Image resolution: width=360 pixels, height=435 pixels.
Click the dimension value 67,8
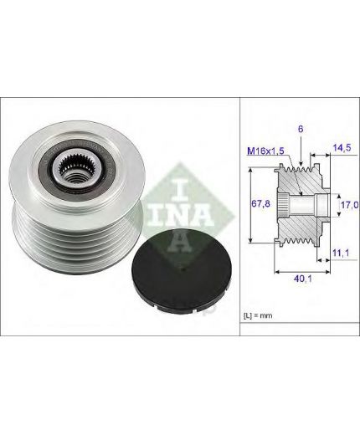260,204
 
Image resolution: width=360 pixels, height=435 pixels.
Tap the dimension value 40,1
303,279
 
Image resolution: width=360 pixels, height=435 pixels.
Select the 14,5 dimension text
342,147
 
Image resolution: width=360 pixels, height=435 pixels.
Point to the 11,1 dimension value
341,253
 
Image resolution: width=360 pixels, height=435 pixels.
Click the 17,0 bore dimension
350,205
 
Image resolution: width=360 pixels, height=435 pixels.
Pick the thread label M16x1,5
265,151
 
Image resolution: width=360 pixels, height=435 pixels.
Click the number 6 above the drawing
301,129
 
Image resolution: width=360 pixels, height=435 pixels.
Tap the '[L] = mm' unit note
258,315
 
